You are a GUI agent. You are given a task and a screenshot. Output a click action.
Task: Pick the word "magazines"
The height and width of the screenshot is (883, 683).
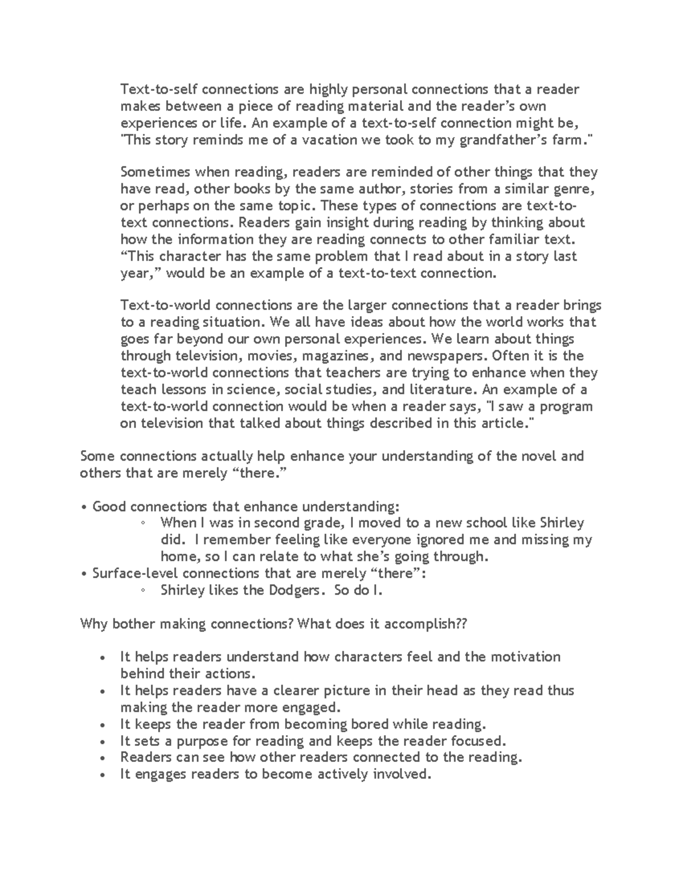tap(338, 356)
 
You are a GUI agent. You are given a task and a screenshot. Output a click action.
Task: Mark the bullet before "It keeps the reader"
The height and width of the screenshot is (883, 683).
tap(102, 726)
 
